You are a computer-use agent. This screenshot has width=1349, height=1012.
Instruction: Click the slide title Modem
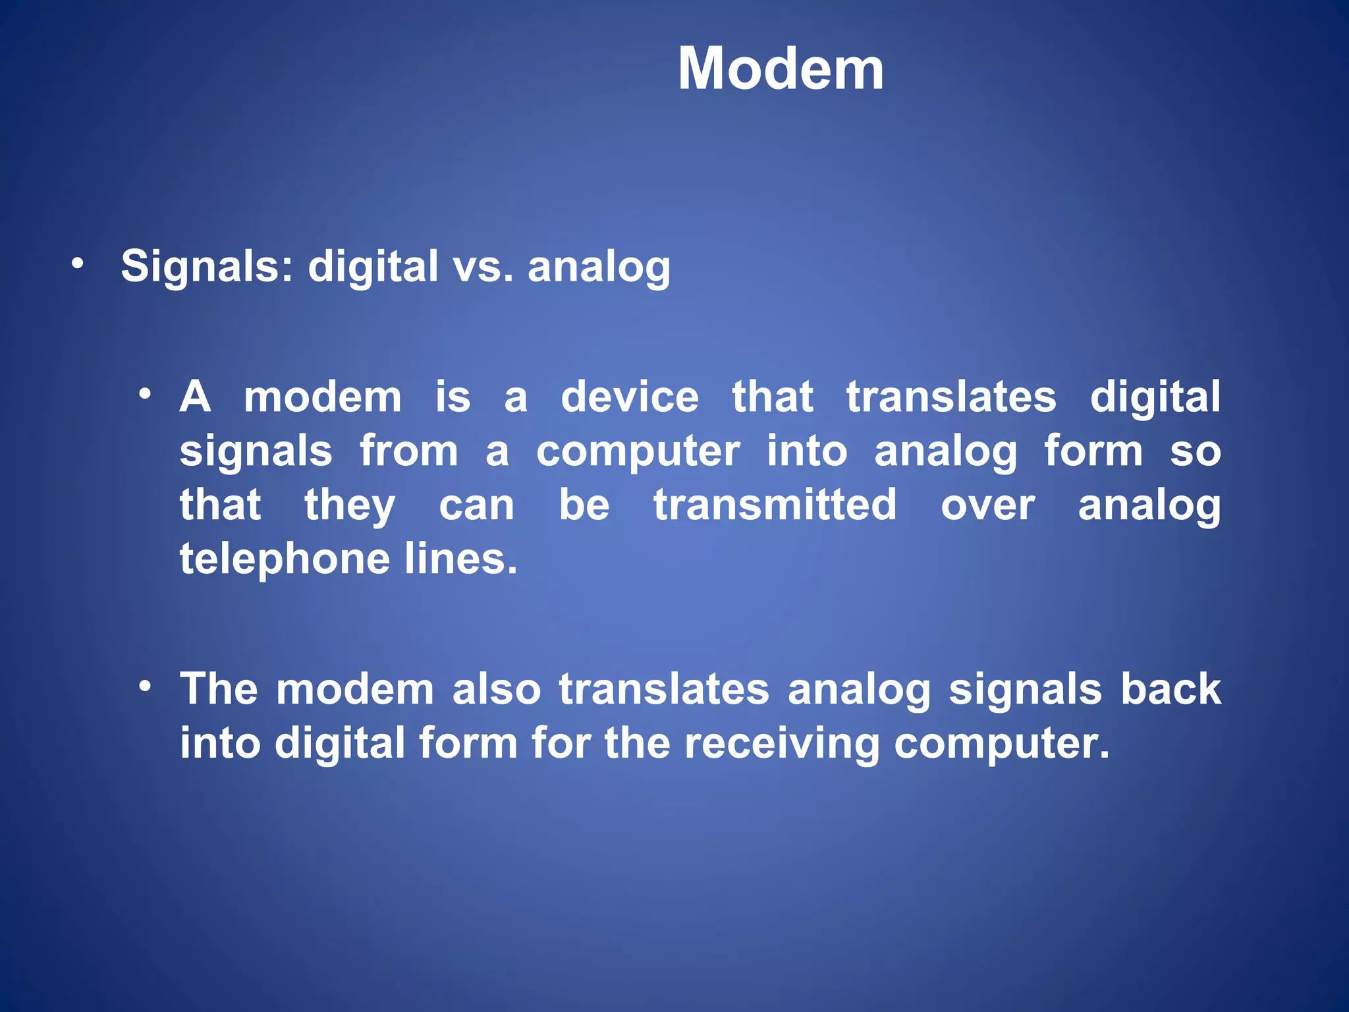(x=781, y=69)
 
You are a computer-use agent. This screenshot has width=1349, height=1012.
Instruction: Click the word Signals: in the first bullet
(x=207, y=267)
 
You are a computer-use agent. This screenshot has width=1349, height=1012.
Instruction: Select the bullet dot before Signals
(x=78, y=264)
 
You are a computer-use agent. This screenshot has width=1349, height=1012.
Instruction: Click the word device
(x=629, y=397)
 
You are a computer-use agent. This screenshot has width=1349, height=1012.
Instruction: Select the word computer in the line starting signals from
(x=638, y=453)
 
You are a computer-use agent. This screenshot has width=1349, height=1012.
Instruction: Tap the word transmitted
(x=775, y=505)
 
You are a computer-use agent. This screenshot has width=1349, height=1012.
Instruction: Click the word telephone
(x=285, y=560)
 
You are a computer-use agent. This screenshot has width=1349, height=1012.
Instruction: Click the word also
(x=497, y=689)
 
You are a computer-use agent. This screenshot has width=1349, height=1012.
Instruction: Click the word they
(x=350, y=507)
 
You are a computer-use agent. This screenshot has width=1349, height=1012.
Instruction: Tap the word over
(x=987, y=507)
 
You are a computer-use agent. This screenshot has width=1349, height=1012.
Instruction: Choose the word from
(x=408, y=451)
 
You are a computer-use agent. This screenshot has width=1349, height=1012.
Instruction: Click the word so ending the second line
(x=1195, y=453)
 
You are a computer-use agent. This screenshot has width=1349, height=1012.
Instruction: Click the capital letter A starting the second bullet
(x=195, y=397)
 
